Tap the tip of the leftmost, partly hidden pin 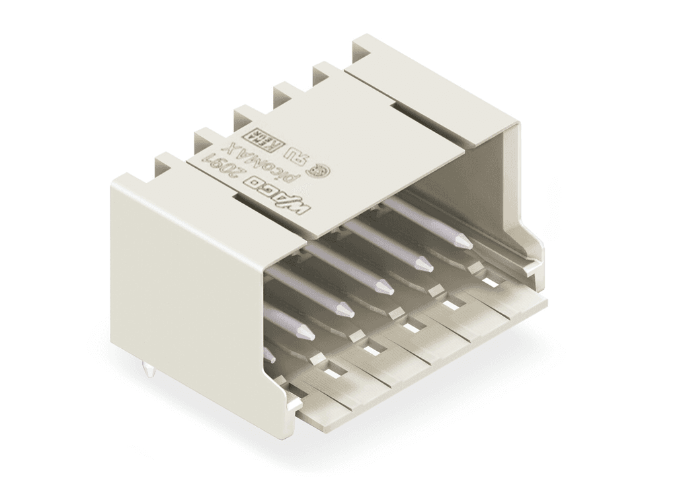[x=270, y=357]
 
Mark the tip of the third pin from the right [x=384, y=288]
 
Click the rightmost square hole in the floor [x=490, y=282]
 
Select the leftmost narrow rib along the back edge [x=167, y=161]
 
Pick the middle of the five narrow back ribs [x=245, y=114]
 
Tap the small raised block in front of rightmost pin [x=475, y=267]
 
